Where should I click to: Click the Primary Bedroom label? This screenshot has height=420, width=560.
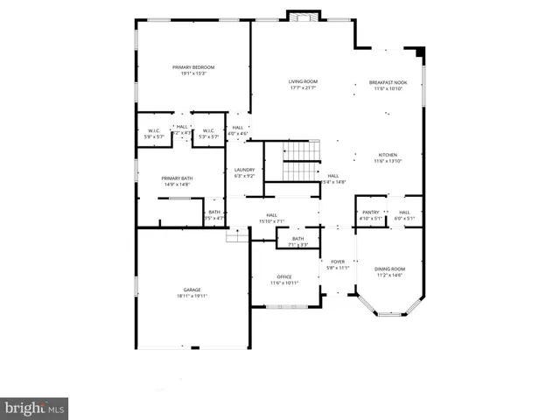click(x=192, y=67)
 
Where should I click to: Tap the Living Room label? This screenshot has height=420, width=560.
click(x=303, y=82)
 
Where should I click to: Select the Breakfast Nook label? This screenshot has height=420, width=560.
click(x=388, y=82)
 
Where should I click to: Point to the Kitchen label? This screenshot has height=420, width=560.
click(x=388, y=155)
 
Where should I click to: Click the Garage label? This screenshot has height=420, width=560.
click(x=192, y=290)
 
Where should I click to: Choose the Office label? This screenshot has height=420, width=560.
click(x=284, y=276)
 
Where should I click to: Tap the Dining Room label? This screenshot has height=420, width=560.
click(x=389, y=269)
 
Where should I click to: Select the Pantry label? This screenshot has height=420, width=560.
click(x=371, y=212)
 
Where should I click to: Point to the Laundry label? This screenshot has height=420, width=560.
click(x=244, y=170)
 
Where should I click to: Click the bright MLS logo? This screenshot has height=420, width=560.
click(x=34, y=408)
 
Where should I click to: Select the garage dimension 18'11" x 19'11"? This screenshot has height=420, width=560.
click(x=192, y=296)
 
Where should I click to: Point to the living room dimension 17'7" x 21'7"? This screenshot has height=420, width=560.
click(x=303, y=88)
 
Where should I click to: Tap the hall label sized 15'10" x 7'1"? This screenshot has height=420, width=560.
click(x=271, y=215)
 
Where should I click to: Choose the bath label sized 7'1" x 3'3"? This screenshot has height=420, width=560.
click(x=297, y=239)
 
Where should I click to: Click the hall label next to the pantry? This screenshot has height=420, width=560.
click(x=404, y=212)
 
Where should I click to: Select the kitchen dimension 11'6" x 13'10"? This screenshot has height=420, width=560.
click(x=388, y=161)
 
